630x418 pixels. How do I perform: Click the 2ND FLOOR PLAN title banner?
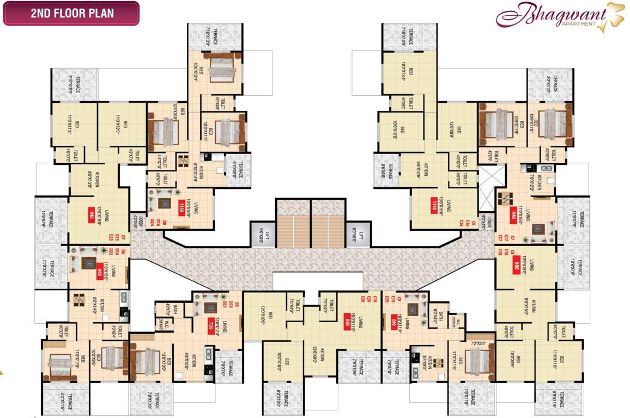(x=71, y=14)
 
